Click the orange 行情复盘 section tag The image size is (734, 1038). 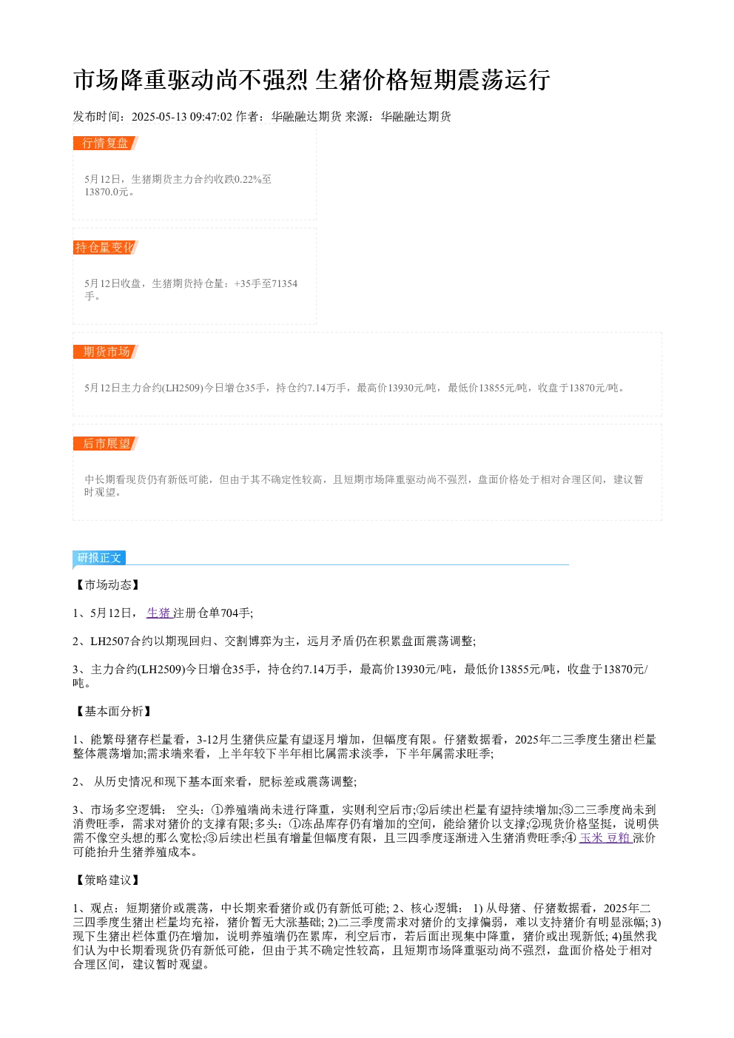pos(105,143)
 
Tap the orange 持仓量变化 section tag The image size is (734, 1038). pos(105,247)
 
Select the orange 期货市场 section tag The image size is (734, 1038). pos(105,351)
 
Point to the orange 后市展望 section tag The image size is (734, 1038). pos(105,443)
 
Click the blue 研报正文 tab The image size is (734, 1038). pos(99,557)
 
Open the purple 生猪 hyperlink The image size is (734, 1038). pos(158,613)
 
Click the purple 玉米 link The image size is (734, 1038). pos(591,838)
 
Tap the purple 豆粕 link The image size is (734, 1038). pos(619,838)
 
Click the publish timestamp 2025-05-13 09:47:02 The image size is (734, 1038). pos(181,116)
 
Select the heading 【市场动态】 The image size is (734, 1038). pos(107,584)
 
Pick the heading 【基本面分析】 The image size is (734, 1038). pos(113,711)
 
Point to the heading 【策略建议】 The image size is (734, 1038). pos(107,880)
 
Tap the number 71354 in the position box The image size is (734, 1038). pos(285,283)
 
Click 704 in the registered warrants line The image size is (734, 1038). pos(229,613)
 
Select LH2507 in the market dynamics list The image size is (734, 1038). pos(110,641)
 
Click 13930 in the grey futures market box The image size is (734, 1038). pos(400,388)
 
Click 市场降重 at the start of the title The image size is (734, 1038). pos(120,80)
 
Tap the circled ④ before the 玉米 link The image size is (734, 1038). pos(571,838)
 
